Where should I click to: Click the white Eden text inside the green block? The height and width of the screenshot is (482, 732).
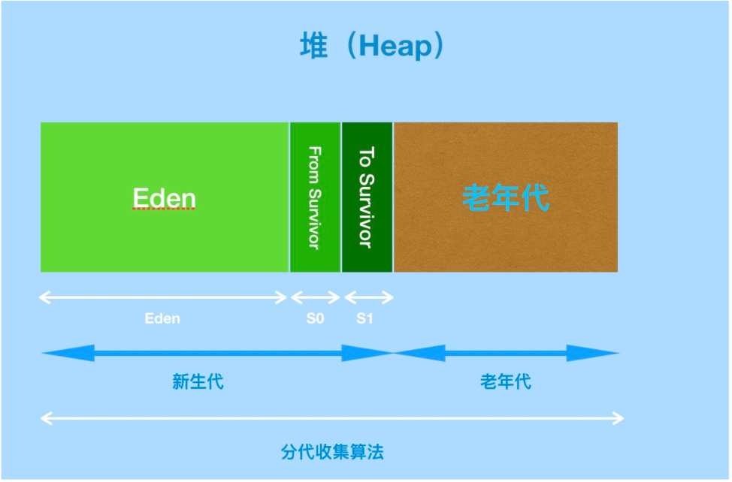pyautogui.click(x=164, y=199)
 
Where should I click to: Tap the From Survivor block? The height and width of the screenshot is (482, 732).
pyautogui.click(x=315, y=197)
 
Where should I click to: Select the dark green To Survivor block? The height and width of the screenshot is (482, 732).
pyautogui.click(x=367, y=197)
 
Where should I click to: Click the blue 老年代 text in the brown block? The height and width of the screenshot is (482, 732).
pyautogui.click(x=505, y=199)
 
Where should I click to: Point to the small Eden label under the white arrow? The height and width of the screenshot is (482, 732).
pyautogui.click(x=162, y=318)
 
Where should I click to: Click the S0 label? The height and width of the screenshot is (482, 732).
pyautogui.click(x=315, y=318)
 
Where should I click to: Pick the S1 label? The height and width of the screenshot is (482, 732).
pyautogui.click(x=364, y=318)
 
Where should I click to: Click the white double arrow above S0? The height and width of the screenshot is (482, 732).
pyautogui.click(x=315, y=297)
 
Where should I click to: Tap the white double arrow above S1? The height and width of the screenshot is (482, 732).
pyautogui.click(x=368, y=297)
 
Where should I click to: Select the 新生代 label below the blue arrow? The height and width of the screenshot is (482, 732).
pyautogui.click(x=198, y=381)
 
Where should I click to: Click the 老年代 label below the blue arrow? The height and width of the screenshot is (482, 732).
pyautogui.click(x=505, y=381)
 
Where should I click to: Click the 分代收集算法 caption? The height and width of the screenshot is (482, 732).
pyautogui.click(x=332, y=452)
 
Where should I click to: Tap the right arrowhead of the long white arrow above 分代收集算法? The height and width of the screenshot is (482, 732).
pyautogui.click(x=617, y=417)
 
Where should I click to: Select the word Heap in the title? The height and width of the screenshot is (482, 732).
pyautogui.click(x=396, y=47)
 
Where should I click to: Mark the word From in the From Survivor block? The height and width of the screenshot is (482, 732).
pyautogui.click(x=315, y=159)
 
